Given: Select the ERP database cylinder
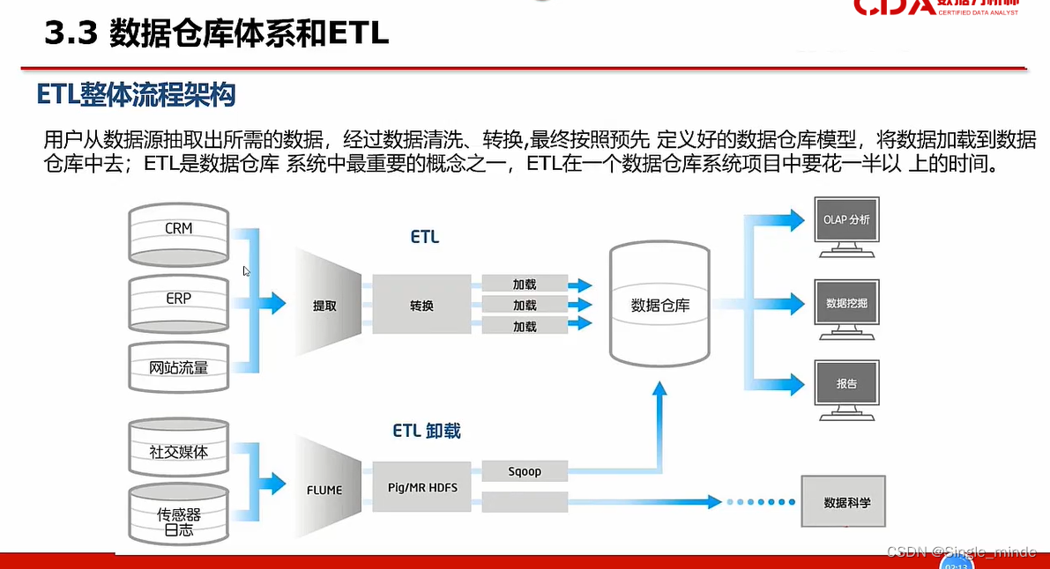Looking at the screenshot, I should [178, 301].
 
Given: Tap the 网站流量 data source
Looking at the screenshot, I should [178, 366].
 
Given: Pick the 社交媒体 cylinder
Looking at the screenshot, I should [178, 451].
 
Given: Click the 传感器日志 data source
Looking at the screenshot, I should [178, 516].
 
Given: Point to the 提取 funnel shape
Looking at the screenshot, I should [326, 306].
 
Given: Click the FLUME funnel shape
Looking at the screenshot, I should [325, 490].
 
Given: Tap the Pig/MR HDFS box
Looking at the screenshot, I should [423, 487].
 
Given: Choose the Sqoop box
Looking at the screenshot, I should [525, 471].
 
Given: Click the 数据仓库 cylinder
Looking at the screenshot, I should [660, 306].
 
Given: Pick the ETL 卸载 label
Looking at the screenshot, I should [427, 431].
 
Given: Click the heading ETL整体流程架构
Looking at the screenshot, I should [137, 95].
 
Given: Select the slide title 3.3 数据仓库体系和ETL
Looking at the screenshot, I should [217, 35].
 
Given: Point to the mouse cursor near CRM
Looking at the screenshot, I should [247, 271].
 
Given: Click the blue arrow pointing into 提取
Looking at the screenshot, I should [274, 304].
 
